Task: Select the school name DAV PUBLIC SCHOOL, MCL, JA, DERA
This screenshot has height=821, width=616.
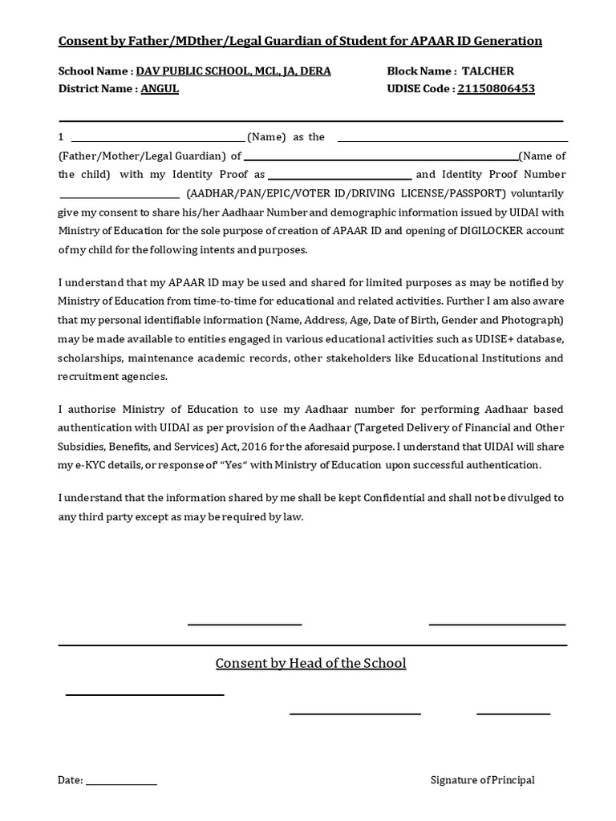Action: point(233,71)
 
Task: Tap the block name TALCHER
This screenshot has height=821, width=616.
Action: point(488,71)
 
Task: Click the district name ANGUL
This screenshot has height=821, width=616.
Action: point(160,89)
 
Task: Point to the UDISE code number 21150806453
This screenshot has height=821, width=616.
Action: point(496,89)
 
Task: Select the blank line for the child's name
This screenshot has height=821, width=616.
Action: point(381,157)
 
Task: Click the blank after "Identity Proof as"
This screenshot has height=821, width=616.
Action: point(339,176)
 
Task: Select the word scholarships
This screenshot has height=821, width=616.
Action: point(89,358)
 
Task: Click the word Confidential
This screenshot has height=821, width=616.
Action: point(394,498)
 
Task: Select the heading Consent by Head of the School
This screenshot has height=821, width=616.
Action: point(310,663)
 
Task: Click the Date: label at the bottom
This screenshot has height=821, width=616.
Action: point(70,780)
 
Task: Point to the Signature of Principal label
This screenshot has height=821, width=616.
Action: point(482,780)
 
